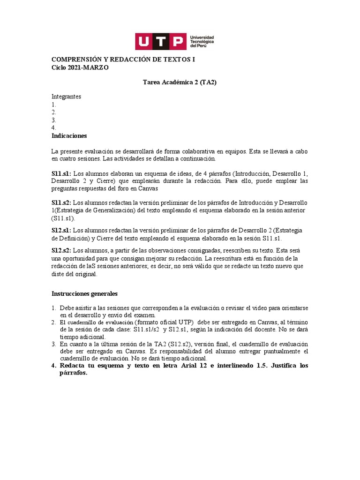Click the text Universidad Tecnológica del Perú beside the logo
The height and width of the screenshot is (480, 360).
[202, 42]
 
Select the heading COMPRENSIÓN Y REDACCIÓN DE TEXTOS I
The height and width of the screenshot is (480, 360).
[123, 60]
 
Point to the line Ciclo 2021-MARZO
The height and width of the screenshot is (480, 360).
[80, 67]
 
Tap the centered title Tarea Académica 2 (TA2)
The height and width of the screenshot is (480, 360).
[180, 82]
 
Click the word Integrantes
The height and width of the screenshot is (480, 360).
[66, 97]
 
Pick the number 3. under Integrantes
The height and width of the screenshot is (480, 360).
[54, 120]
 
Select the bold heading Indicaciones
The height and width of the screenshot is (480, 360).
[69, 136]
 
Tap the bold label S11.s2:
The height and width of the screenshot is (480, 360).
[61, 203]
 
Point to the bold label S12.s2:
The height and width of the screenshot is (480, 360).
[61, 251]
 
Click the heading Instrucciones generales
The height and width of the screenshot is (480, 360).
[84, 294]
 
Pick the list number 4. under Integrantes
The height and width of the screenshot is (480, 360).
[54, 128]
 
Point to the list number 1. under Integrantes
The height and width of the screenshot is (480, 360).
[54, 105]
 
